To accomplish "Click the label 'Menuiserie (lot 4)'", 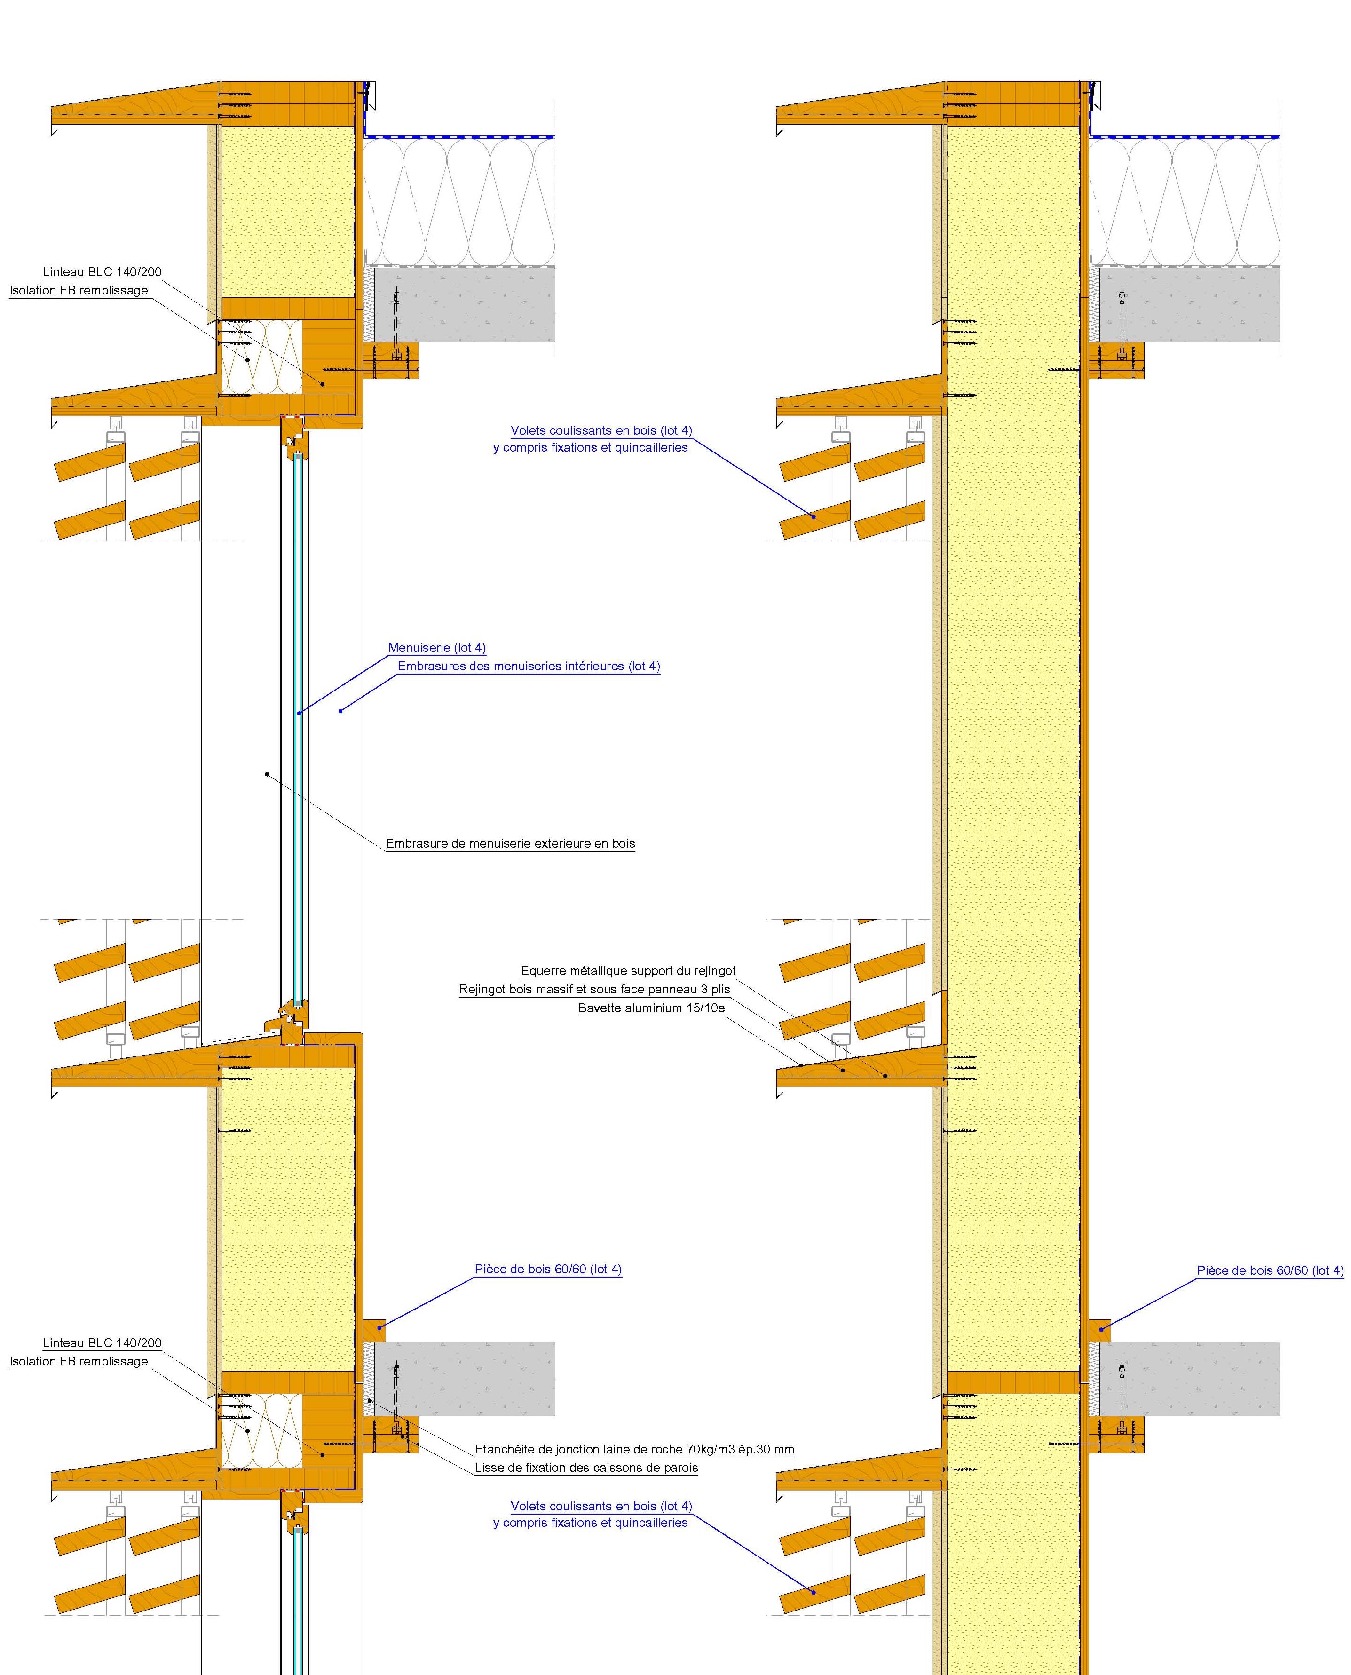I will pyautogui.click(x=436, y=648).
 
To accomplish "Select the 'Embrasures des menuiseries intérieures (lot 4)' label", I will pyautogui.click(x=529, y=666).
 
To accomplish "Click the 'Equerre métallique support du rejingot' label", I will pyautogui.click(x=628, y=971).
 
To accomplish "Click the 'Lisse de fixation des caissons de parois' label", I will pyautogui.click(x=586, y=1468).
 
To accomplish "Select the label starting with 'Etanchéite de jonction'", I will pyautogui.click(x=634, y=1449).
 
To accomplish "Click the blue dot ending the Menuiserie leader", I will pyautogui.click(x=299, y=713).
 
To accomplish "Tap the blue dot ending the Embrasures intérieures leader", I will pyautogui.click(x=340, y=711).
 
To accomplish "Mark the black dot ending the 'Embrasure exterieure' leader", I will pyautogui.click(x=267, y=774).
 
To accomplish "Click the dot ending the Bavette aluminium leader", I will pyautogui.click(x=801, y=1065).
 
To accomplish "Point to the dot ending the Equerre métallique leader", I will pyautogui.click(x=885, y=1077).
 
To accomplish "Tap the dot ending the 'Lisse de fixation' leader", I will pyautogui.click(x=403, y=1437).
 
